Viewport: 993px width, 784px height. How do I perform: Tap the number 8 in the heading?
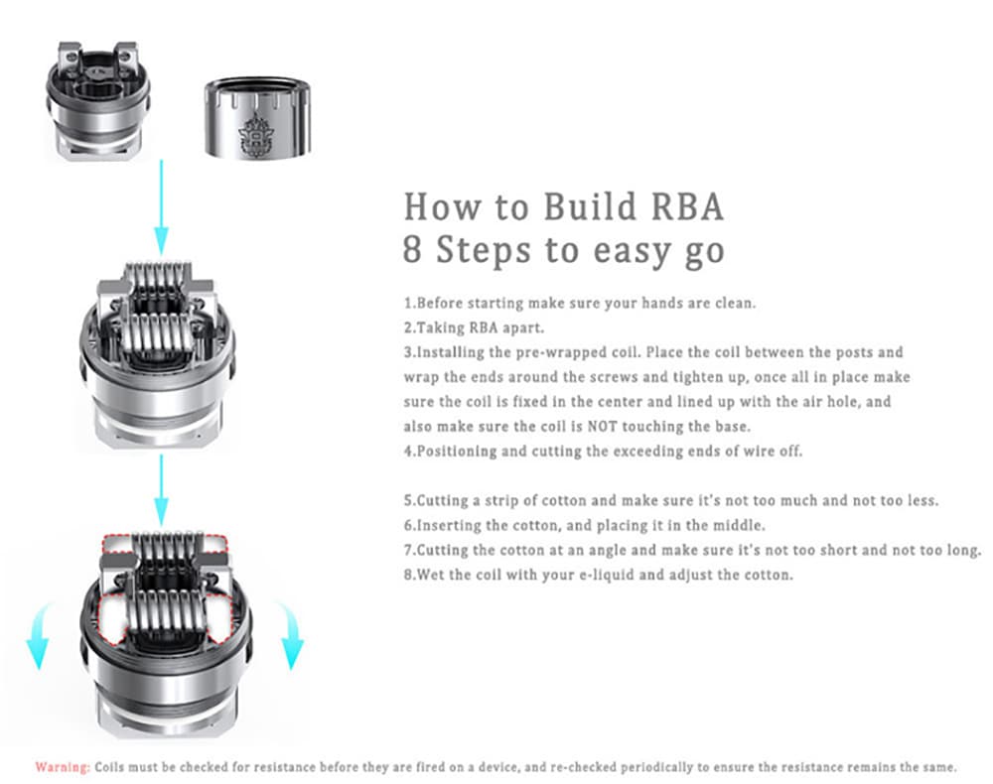(412, 249)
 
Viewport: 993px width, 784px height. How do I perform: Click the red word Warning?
(63, 767)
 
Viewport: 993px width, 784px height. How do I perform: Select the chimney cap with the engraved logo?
(258, 118)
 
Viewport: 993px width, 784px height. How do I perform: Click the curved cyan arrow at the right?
(290, 635)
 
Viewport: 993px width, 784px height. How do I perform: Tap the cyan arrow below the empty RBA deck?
(162, 206)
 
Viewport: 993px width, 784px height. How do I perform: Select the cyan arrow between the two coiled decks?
(162, 490)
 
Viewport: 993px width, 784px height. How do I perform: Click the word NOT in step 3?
(602, 427)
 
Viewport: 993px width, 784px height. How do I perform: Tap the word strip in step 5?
(500, 501)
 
